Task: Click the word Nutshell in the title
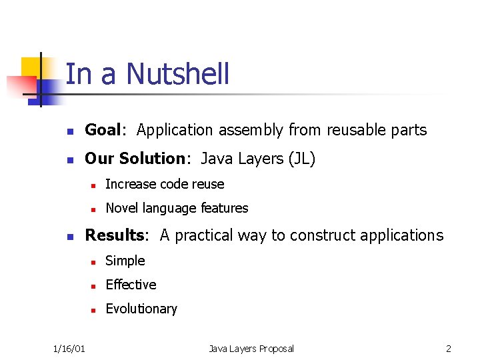(x=177, y=74)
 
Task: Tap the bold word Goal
(x=103, y=130)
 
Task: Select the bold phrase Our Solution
(x=134, y=159)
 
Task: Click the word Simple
(x=125, y=261)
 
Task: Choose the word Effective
(x=131, y=285)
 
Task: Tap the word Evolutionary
(x=141, y=309)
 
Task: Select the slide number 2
(x=449, y=349)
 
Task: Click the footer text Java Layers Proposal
(x=251, y=349)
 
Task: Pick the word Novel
(x=121, y=208)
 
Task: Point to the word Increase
(x=131, y=184)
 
